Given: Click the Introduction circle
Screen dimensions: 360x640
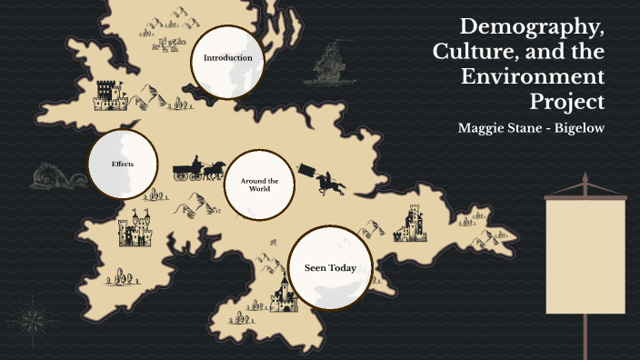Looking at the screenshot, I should click(x=227, y=59).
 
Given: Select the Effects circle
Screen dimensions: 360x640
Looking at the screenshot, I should click(x=123, y=165).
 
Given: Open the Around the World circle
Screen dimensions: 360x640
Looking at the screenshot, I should click(x=259, y=186).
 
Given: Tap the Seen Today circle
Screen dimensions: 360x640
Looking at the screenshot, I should click(x=329, y=267).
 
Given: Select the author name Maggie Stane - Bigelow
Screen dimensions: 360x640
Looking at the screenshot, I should click(x=531, y=127).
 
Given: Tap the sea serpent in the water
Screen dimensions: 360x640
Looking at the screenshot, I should click(x=53, y=177).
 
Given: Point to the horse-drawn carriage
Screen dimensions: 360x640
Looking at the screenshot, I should click(x=198, y=170).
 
